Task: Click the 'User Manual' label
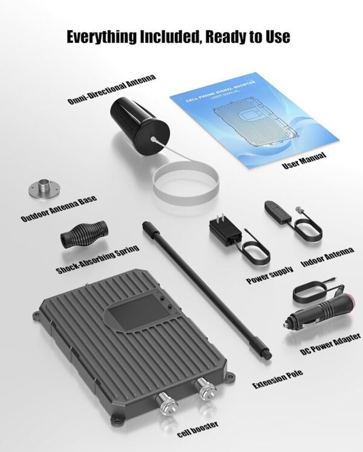coord(304,160)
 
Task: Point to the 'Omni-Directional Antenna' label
coord(112,89)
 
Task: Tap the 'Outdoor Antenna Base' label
coord(59,210)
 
